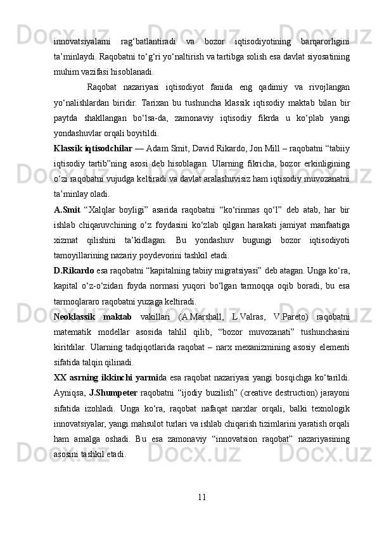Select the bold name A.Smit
tap(67, 209)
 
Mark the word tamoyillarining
tap(85, 254)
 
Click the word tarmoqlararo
tap(79, 300)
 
